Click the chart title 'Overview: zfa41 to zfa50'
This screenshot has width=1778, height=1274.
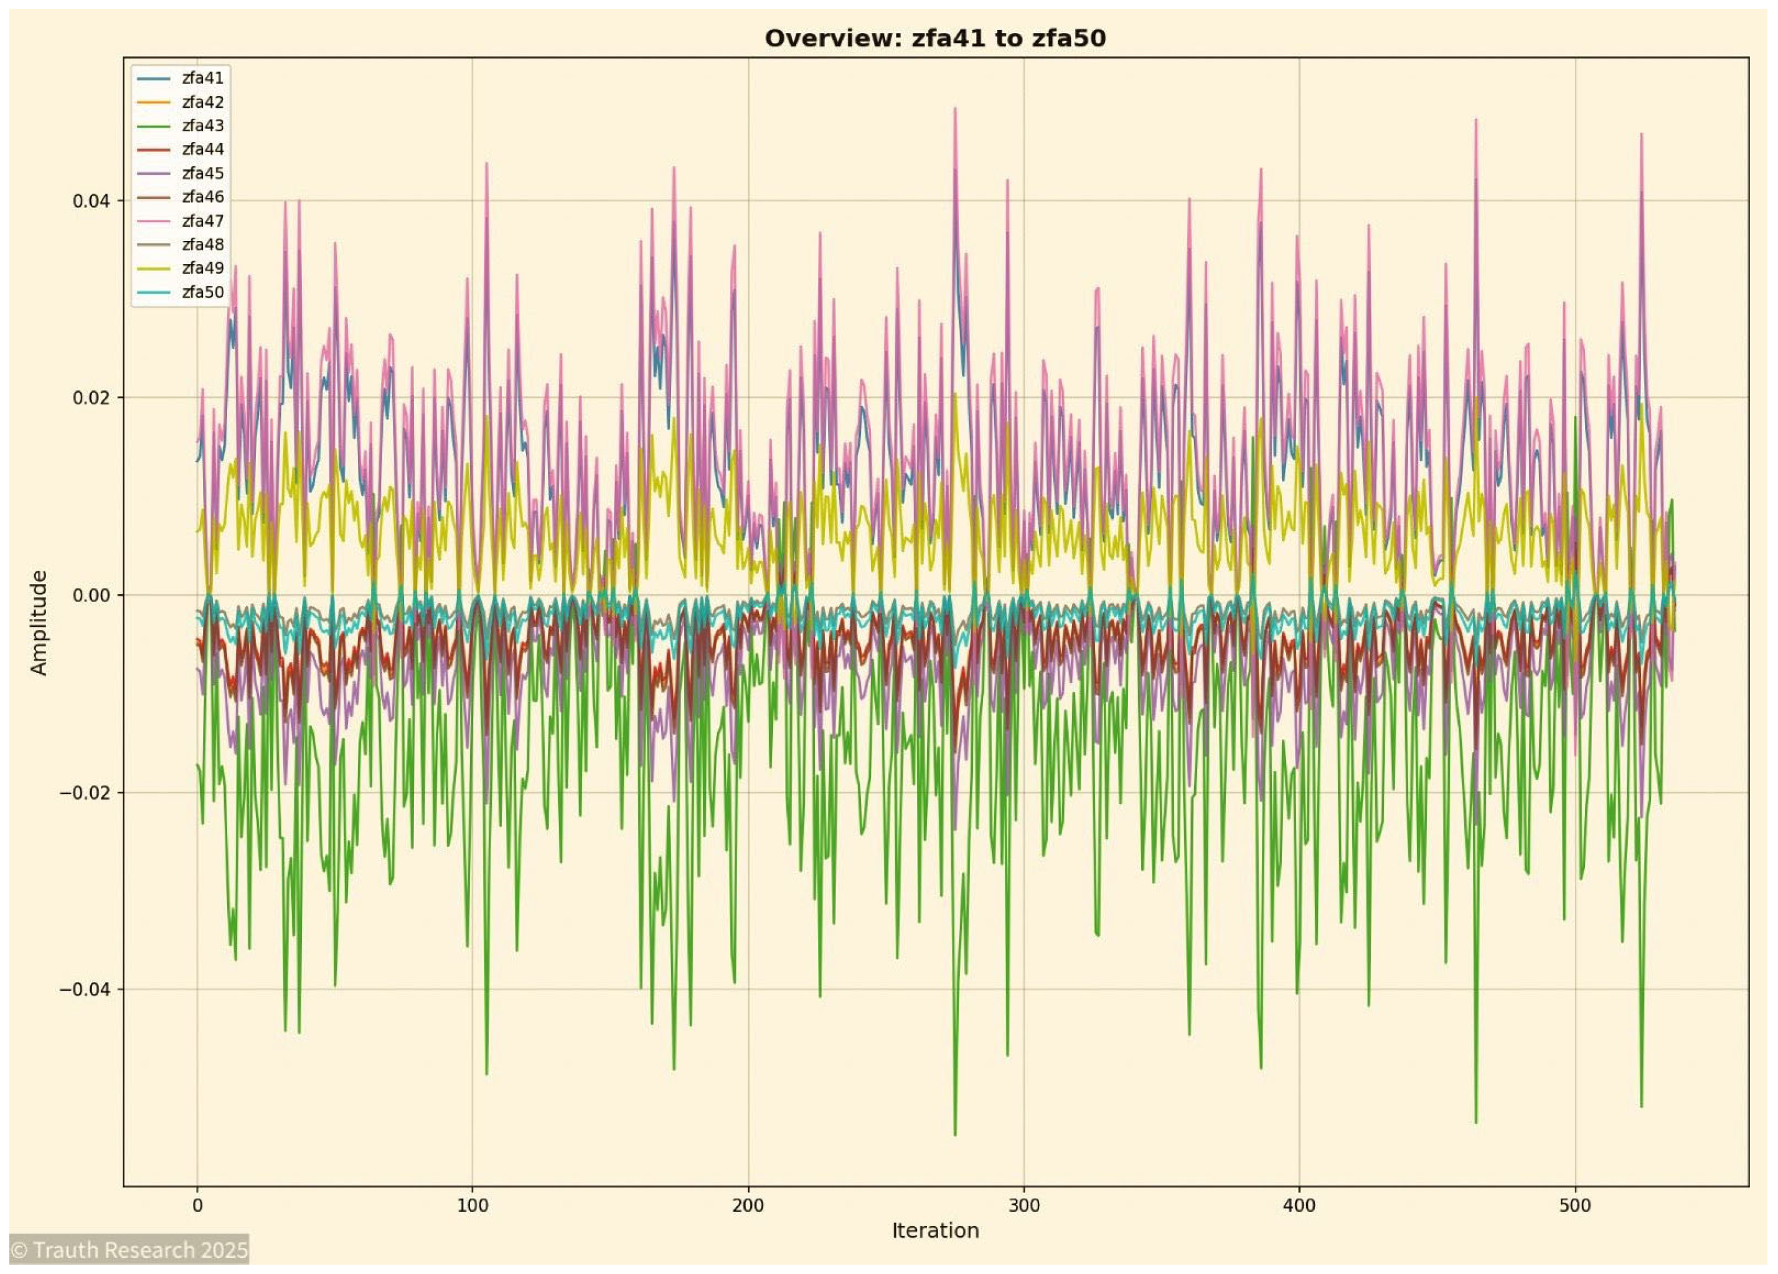[x=934, y=39]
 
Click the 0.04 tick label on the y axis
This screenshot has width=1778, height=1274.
[x=91, y=201]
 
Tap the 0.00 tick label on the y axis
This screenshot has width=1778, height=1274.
[x=91, y=595]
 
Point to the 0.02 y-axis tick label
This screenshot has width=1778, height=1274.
[x=91, y=397]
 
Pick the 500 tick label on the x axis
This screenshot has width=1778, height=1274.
[x=1574, y=1205]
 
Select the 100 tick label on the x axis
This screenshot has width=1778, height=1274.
[x=472, y=1205]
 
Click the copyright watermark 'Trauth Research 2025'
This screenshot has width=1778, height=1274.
[x=129, y=1250]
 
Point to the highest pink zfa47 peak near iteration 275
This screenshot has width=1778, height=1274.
[x=955, y=109]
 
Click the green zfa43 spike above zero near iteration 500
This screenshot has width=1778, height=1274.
[x=1575, y=418]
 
